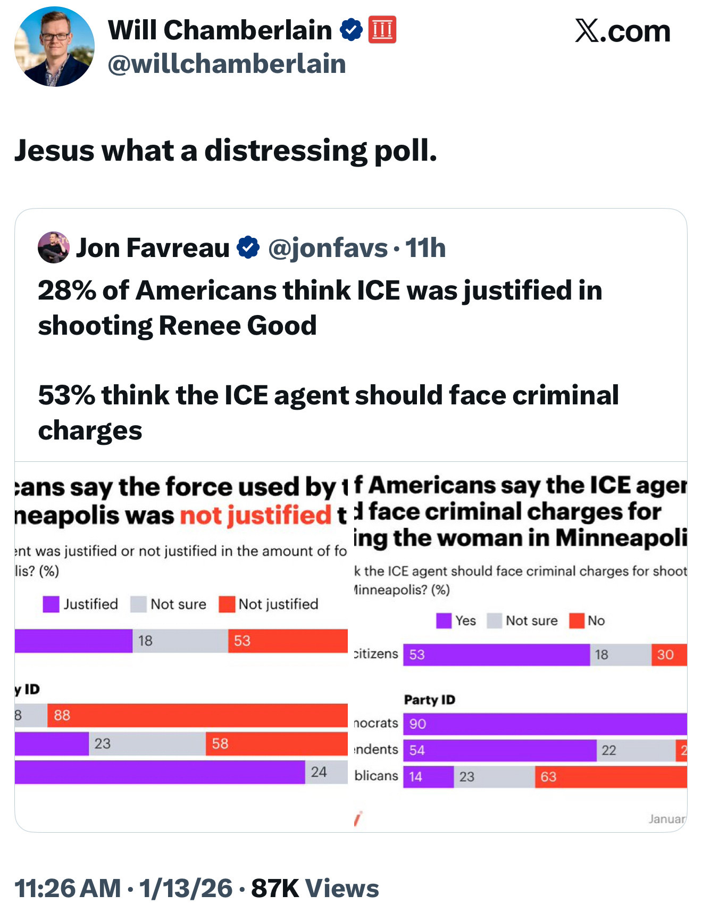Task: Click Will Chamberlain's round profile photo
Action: pyautogui.click(x=54, y=47)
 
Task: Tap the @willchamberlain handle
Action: pyautogui.click(x=227, y=64)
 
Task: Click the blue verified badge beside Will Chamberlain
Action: pyautogui.click(x=351, y=30)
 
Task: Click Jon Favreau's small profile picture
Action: pyautogui.click(x=54, y=247)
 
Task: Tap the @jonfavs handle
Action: pyautogui.click(x=328, y=248)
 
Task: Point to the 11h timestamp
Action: pyautogui.click(x=425, y=248)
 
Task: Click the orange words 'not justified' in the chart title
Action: pyautogui.click(x=256, y=515)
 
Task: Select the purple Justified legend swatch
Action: pyautogui.click(x=51, y=604)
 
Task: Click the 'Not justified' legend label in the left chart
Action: pyautogui.click(x=278, y=604)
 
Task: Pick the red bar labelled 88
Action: pyautogui.click(x=197, y=715)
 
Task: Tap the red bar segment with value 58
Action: pyautogui.click(x=277, y=743)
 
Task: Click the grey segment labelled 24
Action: pyautogui.click(x=326, y=772)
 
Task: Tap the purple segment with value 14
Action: pyautogui.click(x=428, y=777)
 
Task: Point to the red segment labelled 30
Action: pyautogui.click(x=669, y=654)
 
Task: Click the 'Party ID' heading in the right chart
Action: pyautogui.click(x=430, y=700)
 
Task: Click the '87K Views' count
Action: pyautogui.click(x=315, y=889)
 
